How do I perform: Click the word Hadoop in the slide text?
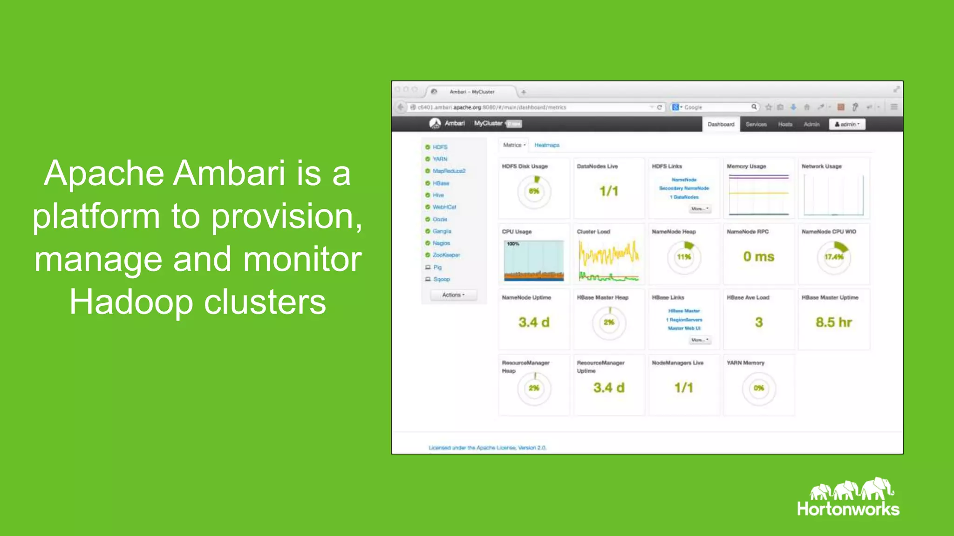tap(131, 303)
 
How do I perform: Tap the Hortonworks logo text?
tap(848, 509)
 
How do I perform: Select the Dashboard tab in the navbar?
tap(721, 124)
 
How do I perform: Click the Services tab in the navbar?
tap(756, 124)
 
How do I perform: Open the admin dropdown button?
tap(847, 124)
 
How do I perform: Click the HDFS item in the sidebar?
tap(440, 147)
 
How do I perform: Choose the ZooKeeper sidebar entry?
tap(446, 255)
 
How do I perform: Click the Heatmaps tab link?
tap(546, 145)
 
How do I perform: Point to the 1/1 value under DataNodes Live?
tap(609, 191)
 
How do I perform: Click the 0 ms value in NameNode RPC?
tap(758, 257)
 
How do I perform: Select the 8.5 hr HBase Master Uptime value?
tap(833, 322)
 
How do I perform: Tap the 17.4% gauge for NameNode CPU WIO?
tap(834, 257)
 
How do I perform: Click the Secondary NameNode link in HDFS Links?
tap(684, 188)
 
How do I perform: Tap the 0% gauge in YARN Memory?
tap(759, 388)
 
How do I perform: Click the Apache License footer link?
tap(487, 448)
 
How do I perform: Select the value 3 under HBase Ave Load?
tap(759, 322)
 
